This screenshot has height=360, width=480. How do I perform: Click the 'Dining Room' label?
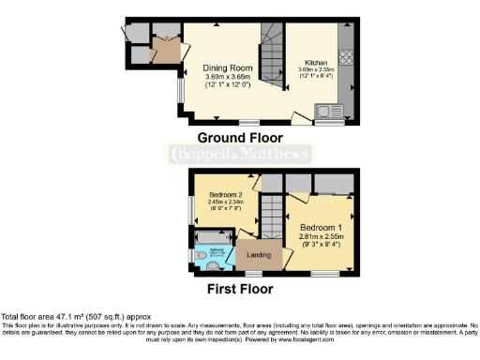(223, 67)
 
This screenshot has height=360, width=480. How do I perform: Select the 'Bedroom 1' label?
(322, 228)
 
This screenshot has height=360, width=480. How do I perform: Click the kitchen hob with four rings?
(346, 55)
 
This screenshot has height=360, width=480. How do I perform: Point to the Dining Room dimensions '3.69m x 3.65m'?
(223, 77)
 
